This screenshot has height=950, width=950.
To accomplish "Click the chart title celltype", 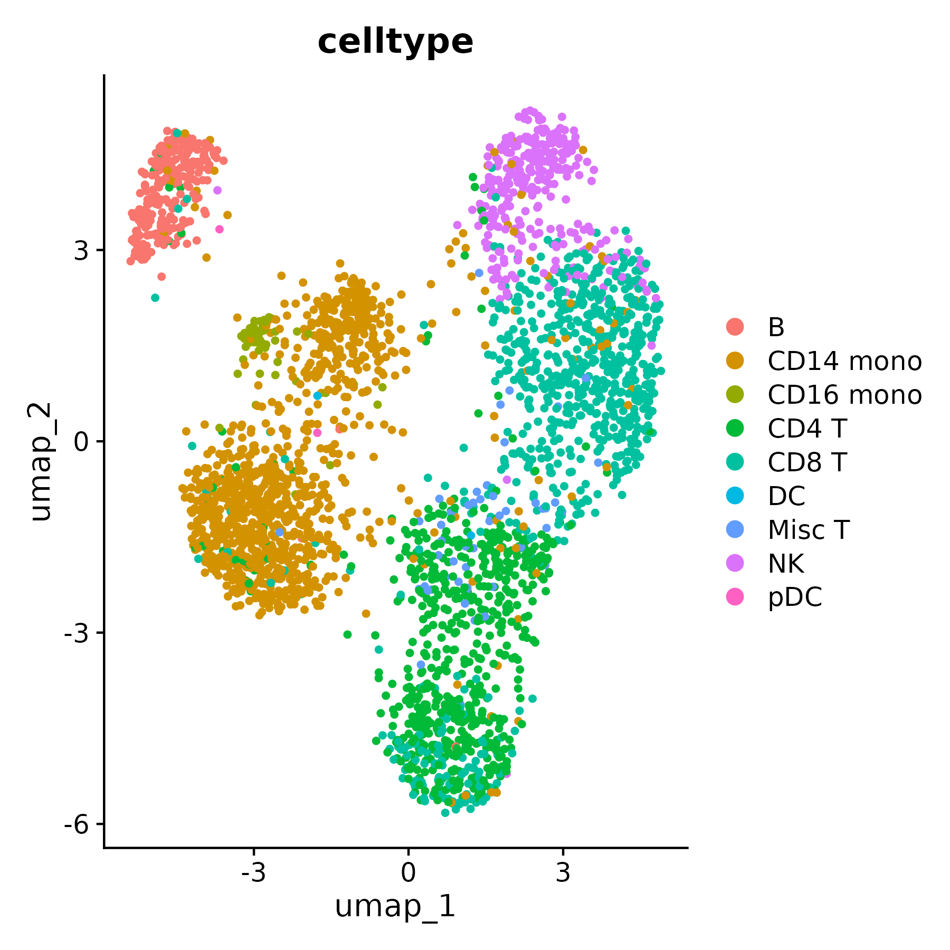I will click(x=395, y=42).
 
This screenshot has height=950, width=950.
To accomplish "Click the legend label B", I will click(x=776, y=327).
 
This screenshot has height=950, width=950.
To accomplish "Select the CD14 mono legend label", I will click(x=844, y=361).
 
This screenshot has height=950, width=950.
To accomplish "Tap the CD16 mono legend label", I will click(x=844, y=395).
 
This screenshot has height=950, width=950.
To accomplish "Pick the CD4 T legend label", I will click(x=807, y=429).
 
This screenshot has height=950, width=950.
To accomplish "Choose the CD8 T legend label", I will click(x=807, y=462).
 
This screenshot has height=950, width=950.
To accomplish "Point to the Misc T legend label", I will click(x=809, y=530).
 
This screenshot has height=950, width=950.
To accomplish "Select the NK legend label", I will click(x=786, y=564).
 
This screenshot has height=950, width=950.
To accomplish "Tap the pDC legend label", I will click(x=795, y=597).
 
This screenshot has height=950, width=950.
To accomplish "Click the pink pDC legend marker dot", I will click(x=735, y=597).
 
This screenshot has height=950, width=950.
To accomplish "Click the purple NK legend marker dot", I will click(x=735, y=563).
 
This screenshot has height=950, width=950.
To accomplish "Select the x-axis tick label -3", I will click(x=253, y=873).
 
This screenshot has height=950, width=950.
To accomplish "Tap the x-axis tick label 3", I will click(x=563, y=873).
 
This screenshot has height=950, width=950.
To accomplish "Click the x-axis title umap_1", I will click(x=395, y=907).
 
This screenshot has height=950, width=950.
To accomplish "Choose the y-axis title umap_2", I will click(x=41, y=461).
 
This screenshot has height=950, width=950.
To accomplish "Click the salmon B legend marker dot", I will click(x=735, y=327).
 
